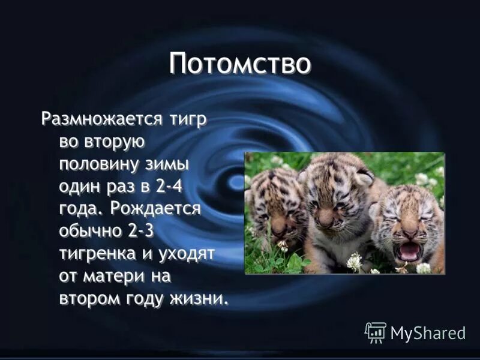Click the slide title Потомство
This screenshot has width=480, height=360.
pyautogui.click(x=240, y=64)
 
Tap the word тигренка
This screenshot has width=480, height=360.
pyautogui.click(x=98, y=254)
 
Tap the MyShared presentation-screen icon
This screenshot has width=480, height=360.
pyautogui.click(x=376, y=332)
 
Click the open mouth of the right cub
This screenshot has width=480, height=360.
pyautogui.click(x=410, y=251)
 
